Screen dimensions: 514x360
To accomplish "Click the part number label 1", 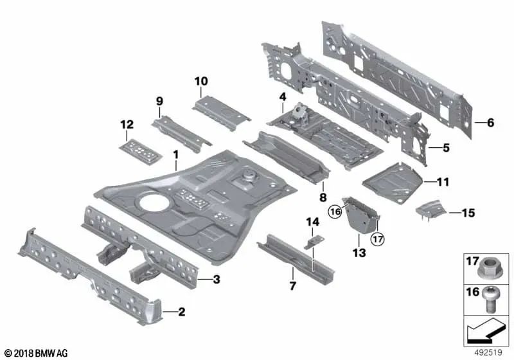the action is point(176,154).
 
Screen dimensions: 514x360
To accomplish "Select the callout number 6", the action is point(490,123).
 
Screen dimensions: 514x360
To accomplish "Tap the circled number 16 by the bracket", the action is point(335,212).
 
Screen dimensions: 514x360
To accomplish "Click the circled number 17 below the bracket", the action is point(378,239).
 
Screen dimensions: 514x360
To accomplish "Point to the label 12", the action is point(127,125).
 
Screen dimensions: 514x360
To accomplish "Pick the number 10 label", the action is point(201,81).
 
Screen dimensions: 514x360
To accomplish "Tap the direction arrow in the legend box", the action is point(484,330).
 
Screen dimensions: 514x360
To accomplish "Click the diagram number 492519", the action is point(488,352).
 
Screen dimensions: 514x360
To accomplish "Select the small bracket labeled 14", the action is point(314,242).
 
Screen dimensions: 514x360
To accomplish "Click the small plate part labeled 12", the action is point(141,152).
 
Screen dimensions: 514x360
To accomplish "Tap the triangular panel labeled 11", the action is point(393,183).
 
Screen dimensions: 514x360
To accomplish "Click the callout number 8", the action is point(323,197).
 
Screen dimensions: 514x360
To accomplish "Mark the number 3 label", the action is point(217,280).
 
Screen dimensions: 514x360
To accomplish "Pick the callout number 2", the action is point(182,312).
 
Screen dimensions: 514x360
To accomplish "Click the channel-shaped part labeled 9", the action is point(181,134).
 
